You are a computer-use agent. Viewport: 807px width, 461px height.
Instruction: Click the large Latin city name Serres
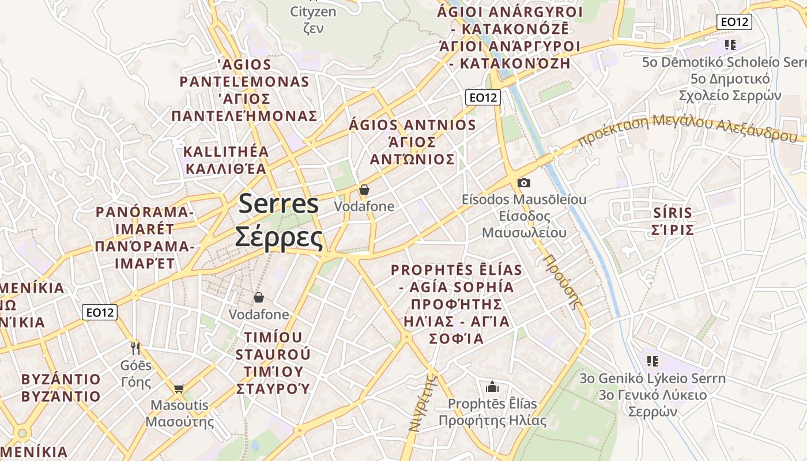pyautogui.click(x=279, y=204)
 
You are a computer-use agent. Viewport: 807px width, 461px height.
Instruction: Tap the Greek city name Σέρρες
pyautogui.click(x=278, y=237)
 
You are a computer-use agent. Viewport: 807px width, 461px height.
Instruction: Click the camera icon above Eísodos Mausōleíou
pyautogui.click(x=524, y=183)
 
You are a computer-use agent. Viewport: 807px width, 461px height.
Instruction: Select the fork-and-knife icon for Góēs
pyautogui.click(x=135, y=348)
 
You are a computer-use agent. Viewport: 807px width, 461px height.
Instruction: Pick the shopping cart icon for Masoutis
pyautogui.click(x=179, y=388)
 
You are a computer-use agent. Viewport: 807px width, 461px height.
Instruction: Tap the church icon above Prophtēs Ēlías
pyautogui.click(x=492, y=386)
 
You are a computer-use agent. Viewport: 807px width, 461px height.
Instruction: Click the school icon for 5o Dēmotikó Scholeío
pyautogui.click(x=730, y=45)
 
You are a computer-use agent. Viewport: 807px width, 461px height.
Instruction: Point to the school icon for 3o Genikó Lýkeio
pyautogui.click(x=652, y=361)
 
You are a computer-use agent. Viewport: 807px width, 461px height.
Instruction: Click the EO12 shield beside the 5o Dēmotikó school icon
pyautogui.click(x=734, y=22)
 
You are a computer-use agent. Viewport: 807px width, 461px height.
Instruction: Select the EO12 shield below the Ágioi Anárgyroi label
pyautogui.click(x=483, y=97)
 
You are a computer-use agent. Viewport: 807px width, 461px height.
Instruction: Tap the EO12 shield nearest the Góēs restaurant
pyautogui.click(x=100, y=312)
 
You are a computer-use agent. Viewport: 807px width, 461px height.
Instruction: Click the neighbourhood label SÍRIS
pyautogui.click(x=672, y=213)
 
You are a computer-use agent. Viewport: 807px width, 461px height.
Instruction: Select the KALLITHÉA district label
pyautogui.click(x=226, y=152)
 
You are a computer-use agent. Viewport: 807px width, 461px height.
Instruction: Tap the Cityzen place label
pyautogui.click(x=313, y=12)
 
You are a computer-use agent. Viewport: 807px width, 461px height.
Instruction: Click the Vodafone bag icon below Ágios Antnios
pyautogui.click(x=364, y=189)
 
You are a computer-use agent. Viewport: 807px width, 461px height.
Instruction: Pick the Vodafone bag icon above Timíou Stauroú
pyautogui.click(x=259, y=297)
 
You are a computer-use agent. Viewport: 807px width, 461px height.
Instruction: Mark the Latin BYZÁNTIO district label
pyautogui.click(x=61, y=379)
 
